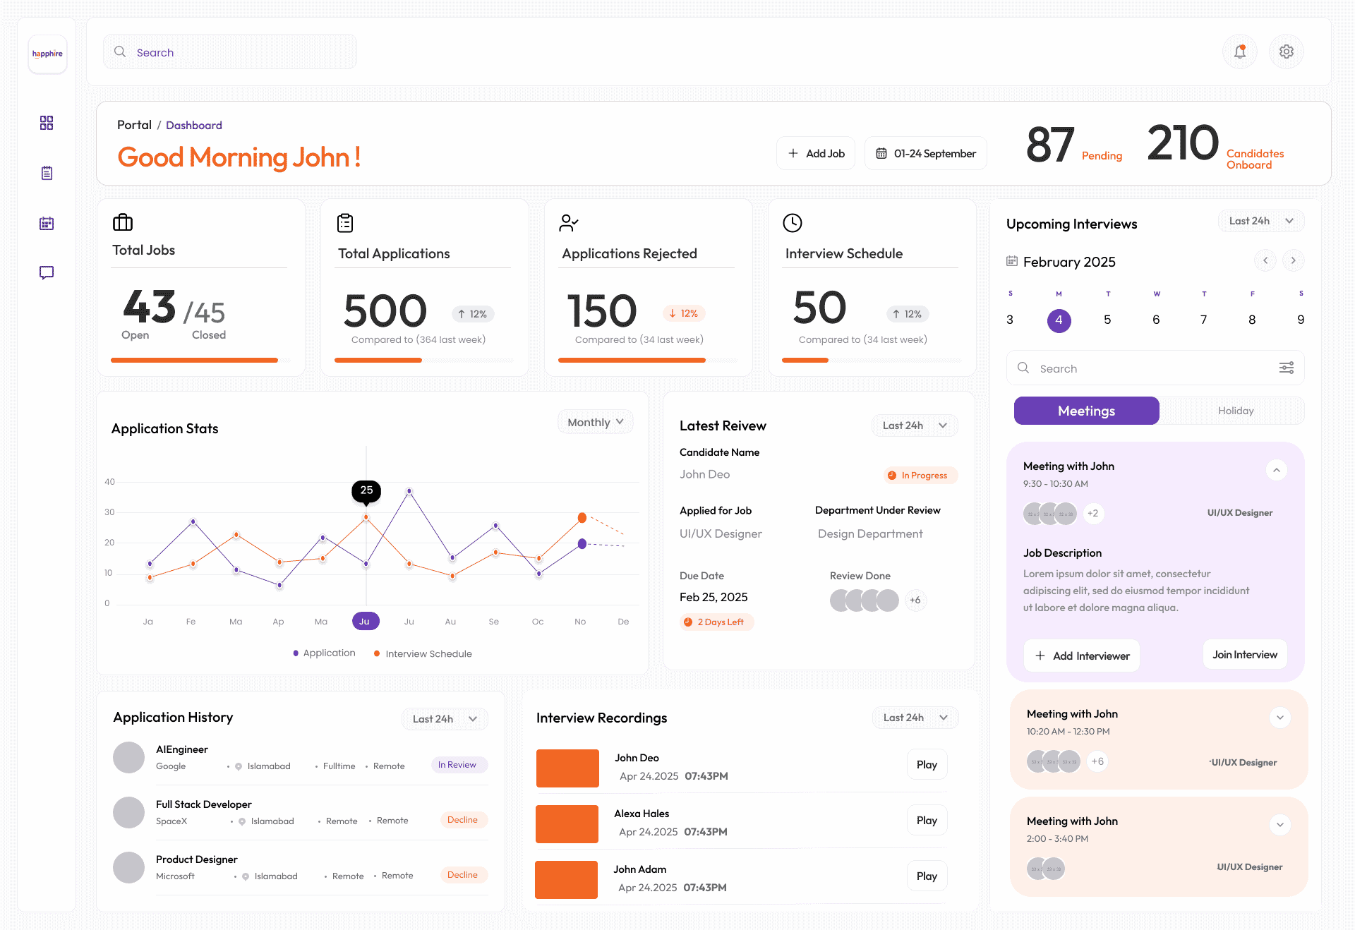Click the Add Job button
pos(816,153)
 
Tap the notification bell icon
pos(1239,52)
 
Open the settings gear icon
pos(1286,52)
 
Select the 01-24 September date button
pos(925,153)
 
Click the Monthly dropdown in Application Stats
pos(595,422)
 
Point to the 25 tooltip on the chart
pos(366,490)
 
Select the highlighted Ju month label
pos(365,621)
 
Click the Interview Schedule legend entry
pos(423,653)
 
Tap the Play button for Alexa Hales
pos(926,820)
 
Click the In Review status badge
pos(458,765)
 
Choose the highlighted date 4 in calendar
pos(1059,320)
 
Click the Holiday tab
pos(1235,411)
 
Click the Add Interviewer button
pos(1082,656)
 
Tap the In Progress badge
pos(920,476)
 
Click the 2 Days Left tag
pos(716,622)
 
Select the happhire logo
pos(47,54)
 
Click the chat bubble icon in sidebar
pos(47,272)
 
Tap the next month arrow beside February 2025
pos(1293,260)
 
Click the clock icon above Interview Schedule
pos(792,223)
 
